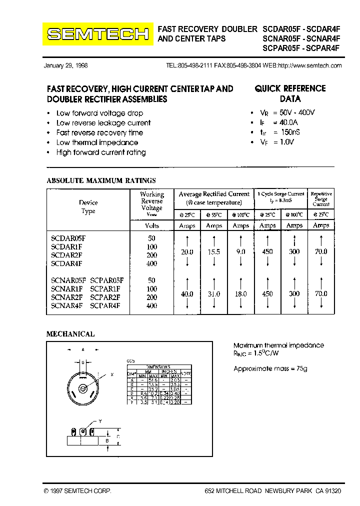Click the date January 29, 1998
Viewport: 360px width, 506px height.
point(66,66)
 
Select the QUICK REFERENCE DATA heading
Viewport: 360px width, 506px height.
point(290,93)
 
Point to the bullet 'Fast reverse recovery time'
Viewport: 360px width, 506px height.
point(99,132)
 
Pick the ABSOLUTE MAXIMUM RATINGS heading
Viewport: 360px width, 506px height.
point(101,180)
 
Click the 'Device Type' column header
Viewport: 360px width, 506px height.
point(88,206)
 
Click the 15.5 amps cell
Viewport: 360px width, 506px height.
point(214,251)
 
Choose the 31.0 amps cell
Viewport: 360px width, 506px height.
point(214,294)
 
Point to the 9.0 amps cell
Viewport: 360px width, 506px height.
point(241,251)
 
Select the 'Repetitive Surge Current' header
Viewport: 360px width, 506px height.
point(321,198)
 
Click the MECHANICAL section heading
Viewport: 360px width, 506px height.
point(70,334)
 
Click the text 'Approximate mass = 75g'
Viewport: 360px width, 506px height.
point(270,368)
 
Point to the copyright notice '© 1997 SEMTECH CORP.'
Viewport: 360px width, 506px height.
point(77,491)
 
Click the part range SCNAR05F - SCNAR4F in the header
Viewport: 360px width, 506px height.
point(301,39)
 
